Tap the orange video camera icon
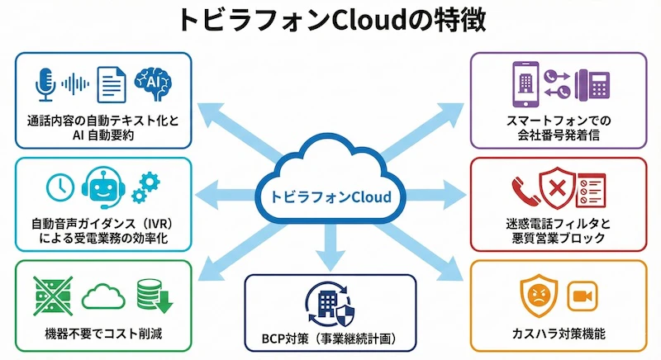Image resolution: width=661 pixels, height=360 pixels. pos(582,296)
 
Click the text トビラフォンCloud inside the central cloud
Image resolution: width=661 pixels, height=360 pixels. pos(330,197)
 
